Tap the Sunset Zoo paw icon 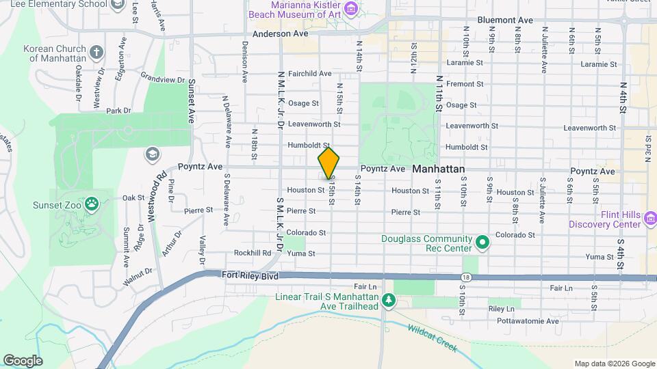(92, 204)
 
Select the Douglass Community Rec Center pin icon (482, 242)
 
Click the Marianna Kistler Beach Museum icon (351, 8)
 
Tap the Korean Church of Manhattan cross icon (96, 52)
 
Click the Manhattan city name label (439, 169)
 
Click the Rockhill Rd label (253, 253)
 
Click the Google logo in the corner (23, 360)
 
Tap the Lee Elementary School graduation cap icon (118, 5)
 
